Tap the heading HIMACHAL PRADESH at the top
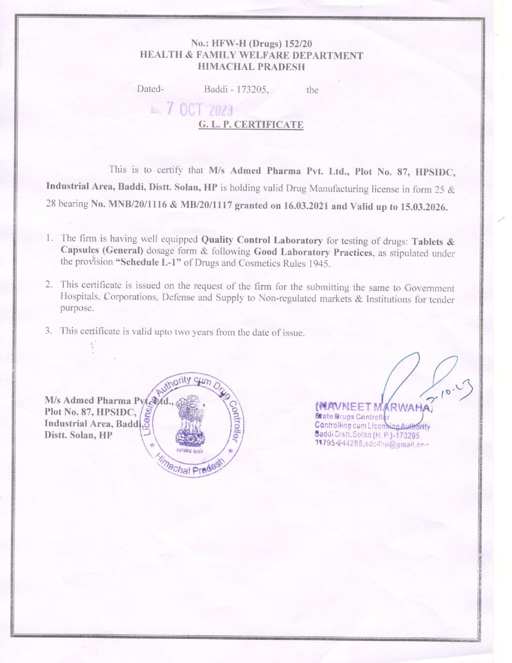pos(251,67)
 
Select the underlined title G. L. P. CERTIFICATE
pos(251,125)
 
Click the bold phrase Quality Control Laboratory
pos(262,240)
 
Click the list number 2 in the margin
pos(49,285)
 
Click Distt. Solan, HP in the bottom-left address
pos(78,435)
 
